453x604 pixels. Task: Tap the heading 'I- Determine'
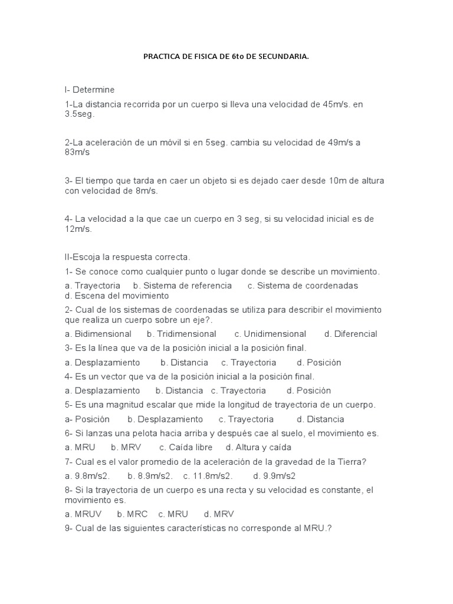click(x=90, y=90)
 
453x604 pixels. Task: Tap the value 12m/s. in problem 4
click(x=79, y=229)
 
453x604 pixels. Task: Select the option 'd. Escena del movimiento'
click(x=117, y=296)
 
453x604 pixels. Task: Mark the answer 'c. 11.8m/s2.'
click(x=208, y=475)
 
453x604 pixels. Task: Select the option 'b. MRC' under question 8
click(x=132, y=514)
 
